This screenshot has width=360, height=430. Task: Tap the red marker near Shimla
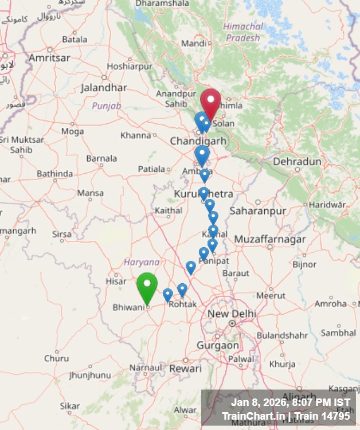(210, 104)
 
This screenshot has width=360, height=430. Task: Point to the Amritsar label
(49, 58)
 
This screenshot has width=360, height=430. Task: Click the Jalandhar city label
(104, 88)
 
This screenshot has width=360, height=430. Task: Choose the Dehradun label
(297, 162)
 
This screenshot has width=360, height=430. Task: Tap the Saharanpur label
(257, 211)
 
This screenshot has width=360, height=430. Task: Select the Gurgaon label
(218, 346)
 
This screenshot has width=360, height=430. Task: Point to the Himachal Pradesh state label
(243, 32)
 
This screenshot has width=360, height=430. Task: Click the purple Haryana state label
(141, 262)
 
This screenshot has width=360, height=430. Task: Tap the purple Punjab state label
(107, 106)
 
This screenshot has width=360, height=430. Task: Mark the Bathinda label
(54, 174)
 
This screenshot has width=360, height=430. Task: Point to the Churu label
(56, 358)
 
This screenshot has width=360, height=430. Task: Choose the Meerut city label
(271, 296)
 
